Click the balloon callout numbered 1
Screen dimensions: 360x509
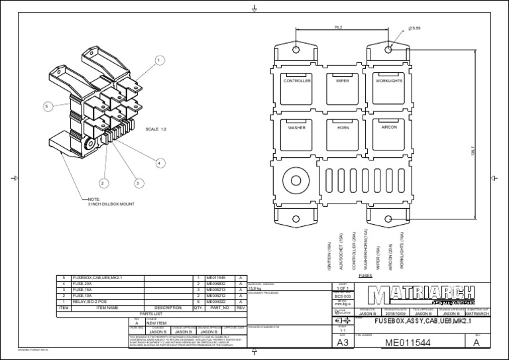point(159,60)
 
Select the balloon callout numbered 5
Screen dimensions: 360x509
point(47,106)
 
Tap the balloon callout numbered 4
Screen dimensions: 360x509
point(160,162)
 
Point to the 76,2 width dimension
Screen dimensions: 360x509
point(339,28)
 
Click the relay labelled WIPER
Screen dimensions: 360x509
point(342,81)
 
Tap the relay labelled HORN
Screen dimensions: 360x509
point(342,127)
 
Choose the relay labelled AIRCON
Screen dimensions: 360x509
point(389,127)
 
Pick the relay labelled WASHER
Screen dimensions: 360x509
point(296,127)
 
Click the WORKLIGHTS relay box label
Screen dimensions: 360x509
point(389,81)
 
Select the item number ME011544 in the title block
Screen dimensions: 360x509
point(410,343)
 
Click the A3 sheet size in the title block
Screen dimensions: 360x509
point(343,343)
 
